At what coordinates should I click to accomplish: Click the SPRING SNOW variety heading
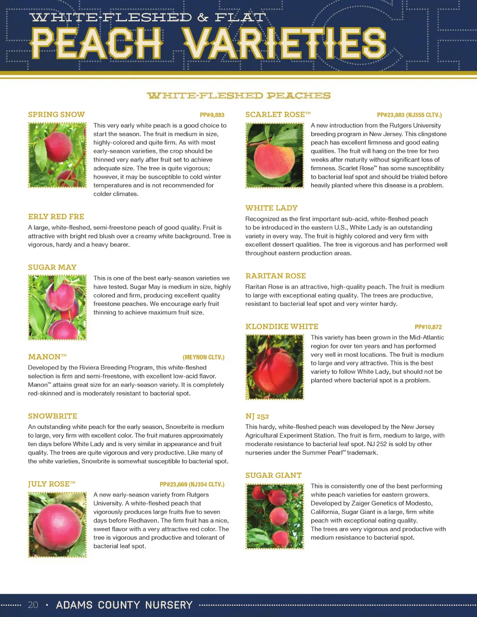click(x=56, y=115)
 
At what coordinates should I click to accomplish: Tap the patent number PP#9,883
click(x=212, y=115)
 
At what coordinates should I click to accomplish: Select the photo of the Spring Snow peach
click(x=58, y=155)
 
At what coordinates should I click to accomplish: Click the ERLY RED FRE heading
click(x=56, y=217)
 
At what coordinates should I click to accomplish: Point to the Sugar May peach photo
click(x=58, y=307)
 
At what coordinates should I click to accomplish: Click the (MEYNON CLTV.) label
click(x=204, y=357)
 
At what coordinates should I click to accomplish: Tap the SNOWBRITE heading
click(x=53, y=416)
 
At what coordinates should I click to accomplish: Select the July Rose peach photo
click(x=58, y=524)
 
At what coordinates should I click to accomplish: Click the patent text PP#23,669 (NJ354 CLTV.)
click(x=192, y=484)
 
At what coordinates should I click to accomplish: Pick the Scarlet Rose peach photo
click(x=275, y=155)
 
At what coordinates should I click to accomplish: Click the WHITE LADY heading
click(x=272, y=208)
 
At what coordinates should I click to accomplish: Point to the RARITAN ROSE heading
click(x=276, y=276)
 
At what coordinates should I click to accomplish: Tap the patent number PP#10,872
click(x=428, y=327)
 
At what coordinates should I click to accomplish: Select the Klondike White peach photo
click(x=275, y=367)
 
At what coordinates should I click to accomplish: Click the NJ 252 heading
click(x=257, y=416)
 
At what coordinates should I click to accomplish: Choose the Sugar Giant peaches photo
click(x=275, y=516)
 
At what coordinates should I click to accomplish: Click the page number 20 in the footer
click(x=33, y=605)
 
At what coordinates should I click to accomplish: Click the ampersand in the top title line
click(x=203, y=18)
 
